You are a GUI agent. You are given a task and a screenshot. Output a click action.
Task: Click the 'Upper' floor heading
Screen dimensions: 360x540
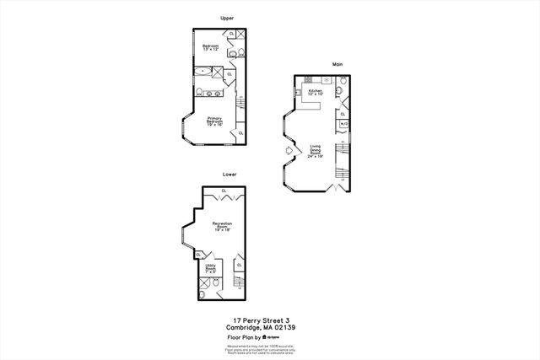point(226,17)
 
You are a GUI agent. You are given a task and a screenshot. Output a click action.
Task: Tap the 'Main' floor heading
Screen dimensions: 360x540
point(337,63)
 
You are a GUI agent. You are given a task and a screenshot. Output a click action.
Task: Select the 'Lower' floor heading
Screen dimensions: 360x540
point(229,175)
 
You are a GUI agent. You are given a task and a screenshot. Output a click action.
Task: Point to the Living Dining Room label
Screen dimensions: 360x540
point(315,151)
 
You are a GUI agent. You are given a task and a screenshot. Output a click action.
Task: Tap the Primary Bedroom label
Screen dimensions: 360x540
point(214,121)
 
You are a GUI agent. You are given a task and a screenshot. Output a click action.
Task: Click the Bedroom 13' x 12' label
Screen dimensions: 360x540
point(210,47)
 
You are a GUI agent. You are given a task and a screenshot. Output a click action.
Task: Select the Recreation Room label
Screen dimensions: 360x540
point(222,226)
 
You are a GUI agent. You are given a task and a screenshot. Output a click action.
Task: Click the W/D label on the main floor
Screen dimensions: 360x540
point(343,124)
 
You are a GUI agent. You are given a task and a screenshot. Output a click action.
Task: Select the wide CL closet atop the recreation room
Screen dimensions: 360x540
point(224,191)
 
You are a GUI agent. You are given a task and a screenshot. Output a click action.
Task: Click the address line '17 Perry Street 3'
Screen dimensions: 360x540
point(270,320)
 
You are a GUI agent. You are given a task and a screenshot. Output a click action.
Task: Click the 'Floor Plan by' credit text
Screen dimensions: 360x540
point(245,336)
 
